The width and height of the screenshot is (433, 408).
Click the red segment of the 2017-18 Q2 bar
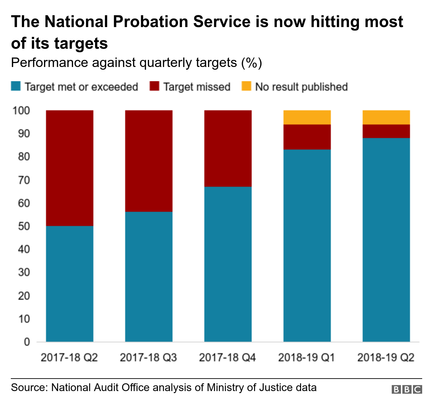[x=70, y=168]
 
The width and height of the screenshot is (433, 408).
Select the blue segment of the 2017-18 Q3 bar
[x=149, y=276]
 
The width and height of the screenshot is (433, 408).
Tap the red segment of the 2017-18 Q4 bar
[x=228, y=148]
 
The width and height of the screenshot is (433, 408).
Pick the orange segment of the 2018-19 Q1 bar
[x=307, y=117]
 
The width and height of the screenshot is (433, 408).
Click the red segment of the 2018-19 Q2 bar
[x=386, y=131]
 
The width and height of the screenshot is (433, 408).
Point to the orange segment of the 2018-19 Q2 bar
[x=386, y=117]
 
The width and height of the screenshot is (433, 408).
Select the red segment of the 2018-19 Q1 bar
[x=307, y=137]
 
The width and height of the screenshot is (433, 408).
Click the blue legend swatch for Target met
[x=16, y=87]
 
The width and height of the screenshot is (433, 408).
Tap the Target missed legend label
[x=197, y=87]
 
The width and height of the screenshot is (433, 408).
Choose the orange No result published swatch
[x=246, y=87]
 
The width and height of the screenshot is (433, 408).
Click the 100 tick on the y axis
[x=21, y=111]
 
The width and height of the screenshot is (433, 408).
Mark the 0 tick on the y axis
[x=27, y=342]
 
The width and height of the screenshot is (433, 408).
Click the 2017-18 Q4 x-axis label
[x=227, y=358]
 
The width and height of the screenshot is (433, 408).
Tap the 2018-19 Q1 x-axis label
[x=306, y=358]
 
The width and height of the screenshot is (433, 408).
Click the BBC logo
[x=407, y=389]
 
